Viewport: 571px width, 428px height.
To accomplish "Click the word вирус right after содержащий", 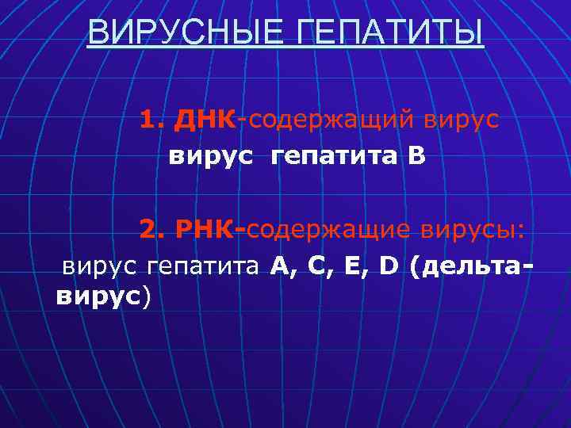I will (461, 120).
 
